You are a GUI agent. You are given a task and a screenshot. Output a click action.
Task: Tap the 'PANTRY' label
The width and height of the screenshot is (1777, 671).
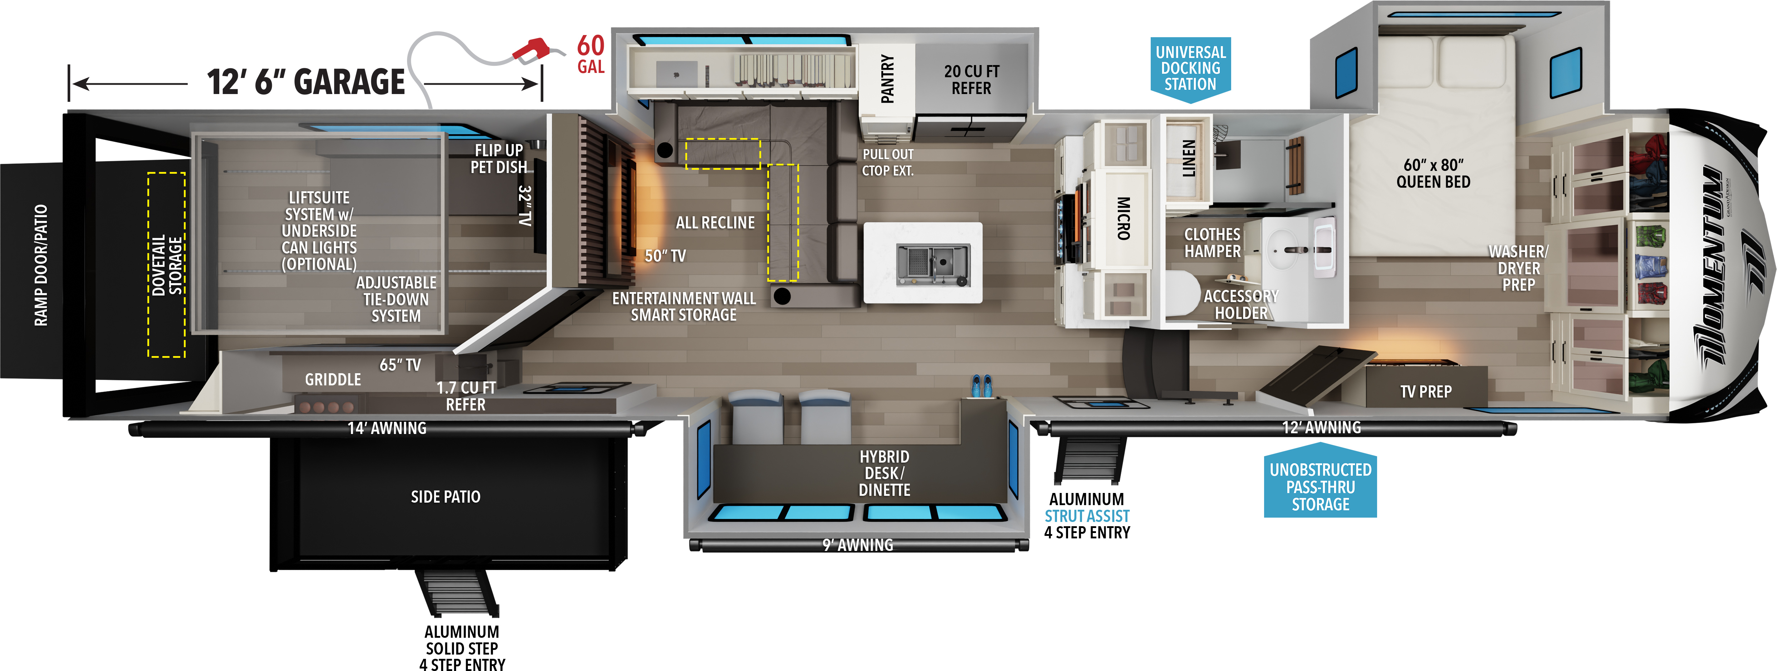887,79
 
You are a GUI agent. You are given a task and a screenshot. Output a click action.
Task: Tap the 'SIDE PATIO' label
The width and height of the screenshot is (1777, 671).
446,497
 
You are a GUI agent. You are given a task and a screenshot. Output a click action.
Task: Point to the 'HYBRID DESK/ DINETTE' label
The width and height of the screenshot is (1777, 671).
884,473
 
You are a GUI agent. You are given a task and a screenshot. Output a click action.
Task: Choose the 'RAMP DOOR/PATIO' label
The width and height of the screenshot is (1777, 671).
41,265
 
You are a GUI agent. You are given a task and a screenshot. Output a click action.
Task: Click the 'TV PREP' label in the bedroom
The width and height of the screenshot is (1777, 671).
1426,392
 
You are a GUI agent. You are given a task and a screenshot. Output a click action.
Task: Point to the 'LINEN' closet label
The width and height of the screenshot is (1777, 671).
1189,158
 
